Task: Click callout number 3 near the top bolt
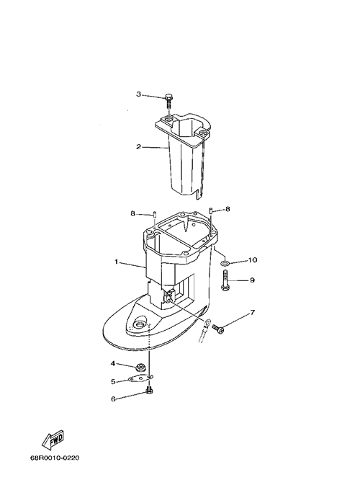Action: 139,94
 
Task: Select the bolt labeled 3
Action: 168,101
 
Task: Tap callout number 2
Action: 138,147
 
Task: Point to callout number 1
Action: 117,262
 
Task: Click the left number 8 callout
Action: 133,213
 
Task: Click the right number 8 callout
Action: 227,209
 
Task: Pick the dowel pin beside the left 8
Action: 155,214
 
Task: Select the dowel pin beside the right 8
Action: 211,210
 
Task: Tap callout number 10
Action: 253,260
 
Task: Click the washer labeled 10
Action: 225,263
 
